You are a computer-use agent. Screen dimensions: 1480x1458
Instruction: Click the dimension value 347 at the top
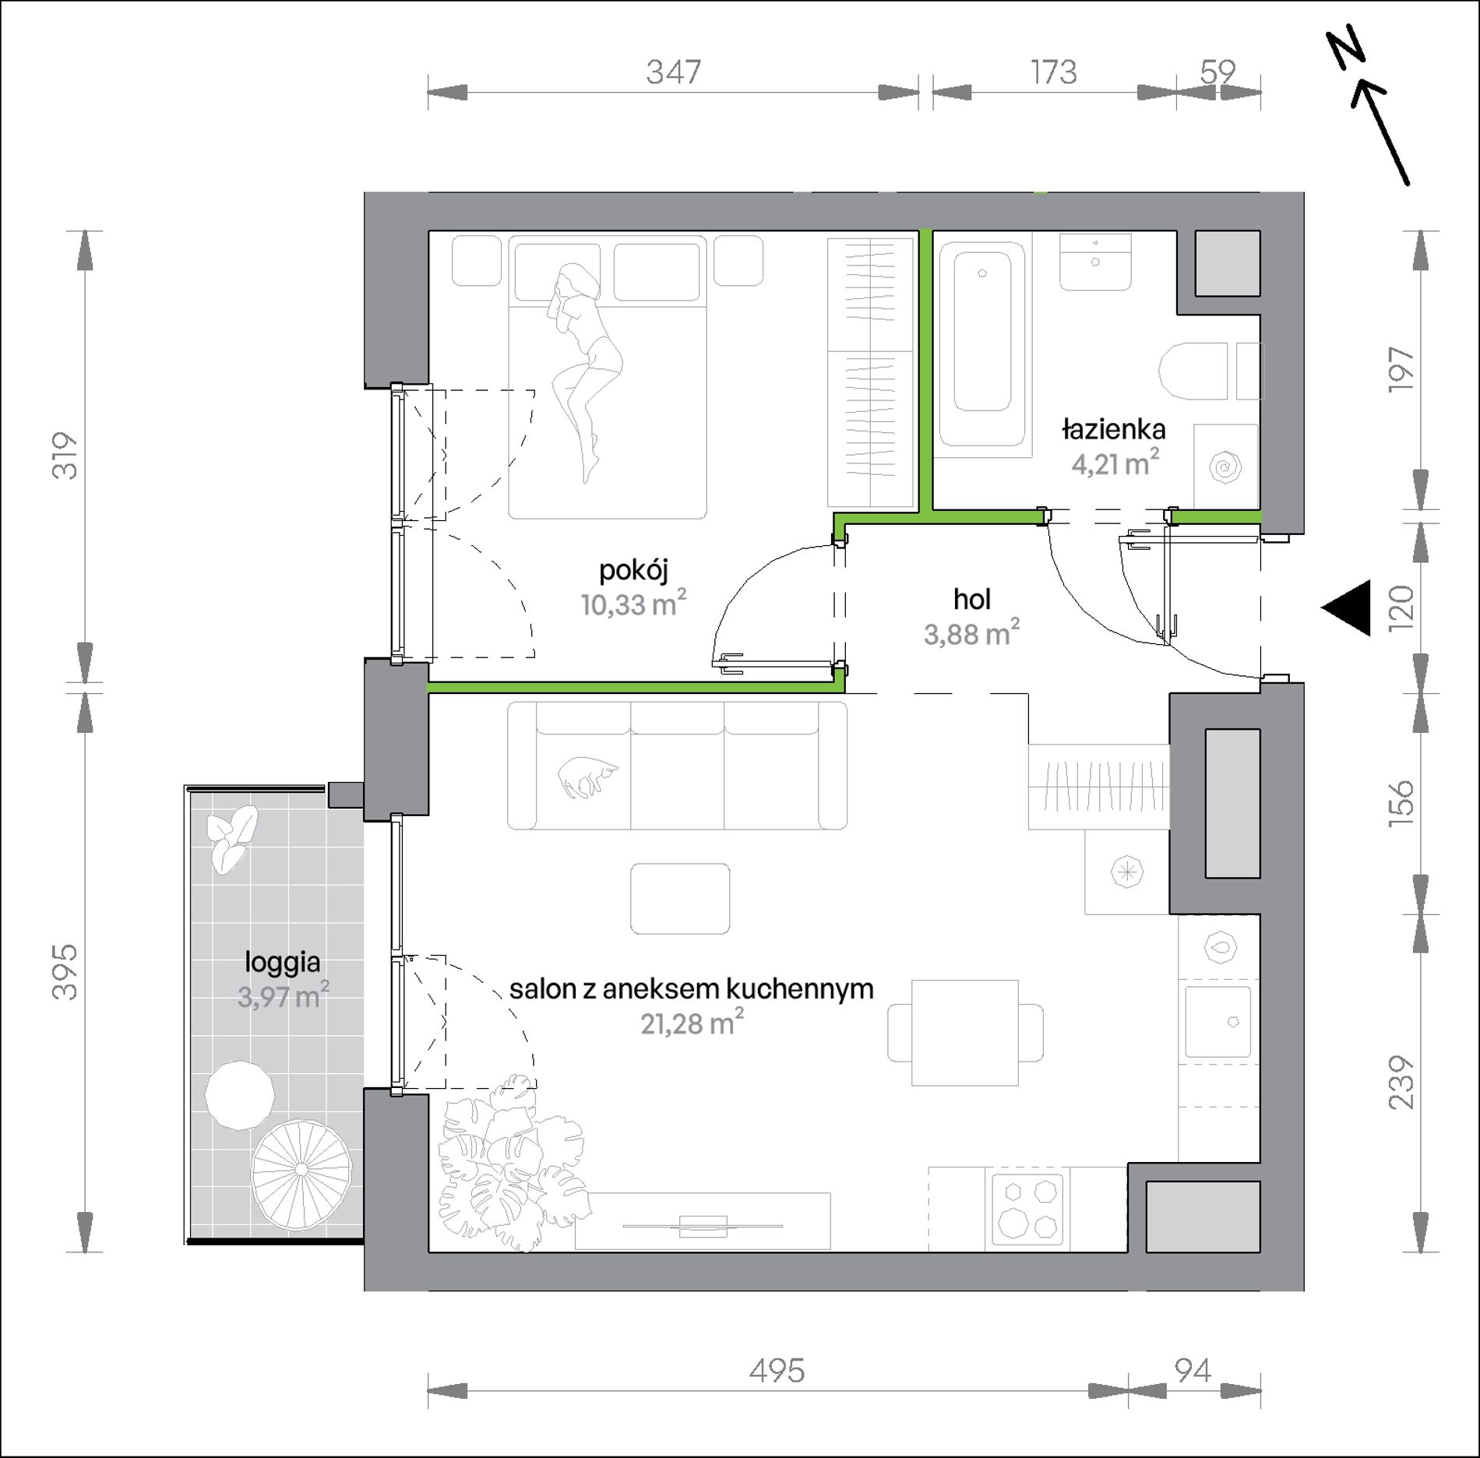(674, 72)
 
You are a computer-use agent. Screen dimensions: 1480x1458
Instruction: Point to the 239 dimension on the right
(1401, 1082)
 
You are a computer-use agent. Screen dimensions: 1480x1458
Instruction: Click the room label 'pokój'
(634, 571)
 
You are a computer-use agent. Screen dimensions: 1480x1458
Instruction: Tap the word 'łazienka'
(1114, 429)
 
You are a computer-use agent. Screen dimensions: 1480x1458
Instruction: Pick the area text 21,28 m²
(692, 1023)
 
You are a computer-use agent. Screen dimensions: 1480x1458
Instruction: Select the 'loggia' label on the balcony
(282, 963)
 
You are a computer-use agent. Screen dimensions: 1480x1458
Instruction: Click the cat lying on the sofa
(588, 777)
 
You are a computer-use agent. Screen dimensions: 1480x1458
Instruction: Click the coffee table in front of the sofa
(680, 898)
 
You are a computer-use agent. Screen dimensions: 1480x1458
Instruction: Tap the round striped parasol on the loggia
(301, 1170)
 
